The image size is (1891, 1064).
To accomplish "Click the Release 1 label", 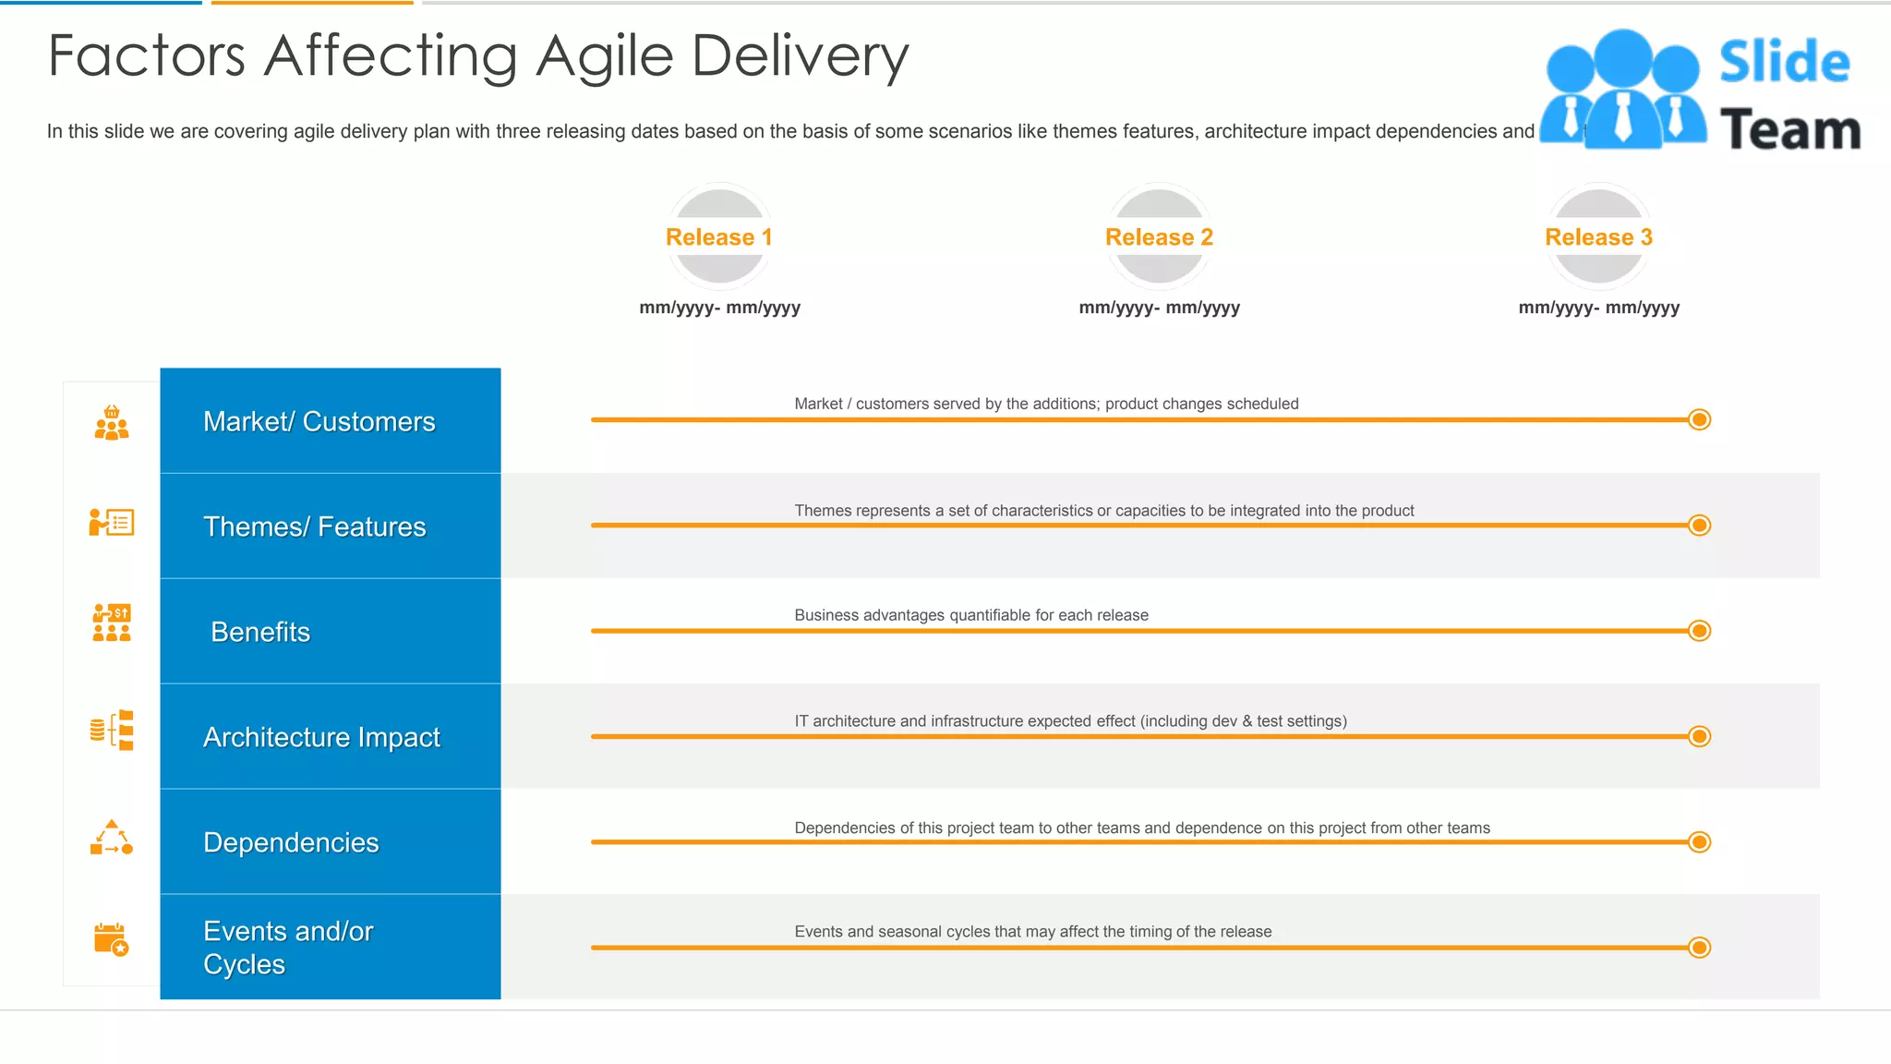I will [x=718, y=237].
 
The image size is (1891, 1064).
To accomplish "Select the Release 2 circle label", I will [x=1159, y=237].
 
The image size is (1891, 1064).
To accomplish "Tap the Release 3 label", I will [x=1598, y=237].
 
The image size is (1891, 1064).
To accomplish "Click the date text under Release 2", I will [x=1159, y=308].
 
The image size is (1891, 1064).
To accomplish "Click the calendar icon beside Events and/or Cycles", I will [x=111, y=939].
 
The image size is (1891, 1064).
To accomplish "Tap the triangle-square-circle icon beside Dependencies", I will [x=111, y=838].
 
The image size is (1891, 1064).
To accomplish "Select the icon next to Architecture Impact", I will [x=112, y=731].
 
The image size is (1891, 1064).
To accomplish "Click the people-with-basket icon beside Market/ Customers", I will [x=112, y=423].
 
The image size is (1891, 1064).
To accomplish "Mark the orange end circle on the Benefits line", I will [x=1699, y=631].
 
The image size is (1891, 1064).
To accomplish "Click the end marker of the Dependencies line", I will [x=1699, y=841].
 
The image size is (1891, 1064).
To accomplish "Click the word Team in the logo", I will [x=1789, y=130].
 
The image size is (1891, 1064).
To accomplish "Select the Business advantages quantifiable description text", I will [x=971, y=615].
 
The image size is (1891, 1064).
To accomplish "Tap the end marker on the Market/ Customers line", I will [x=1699, y=420].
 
